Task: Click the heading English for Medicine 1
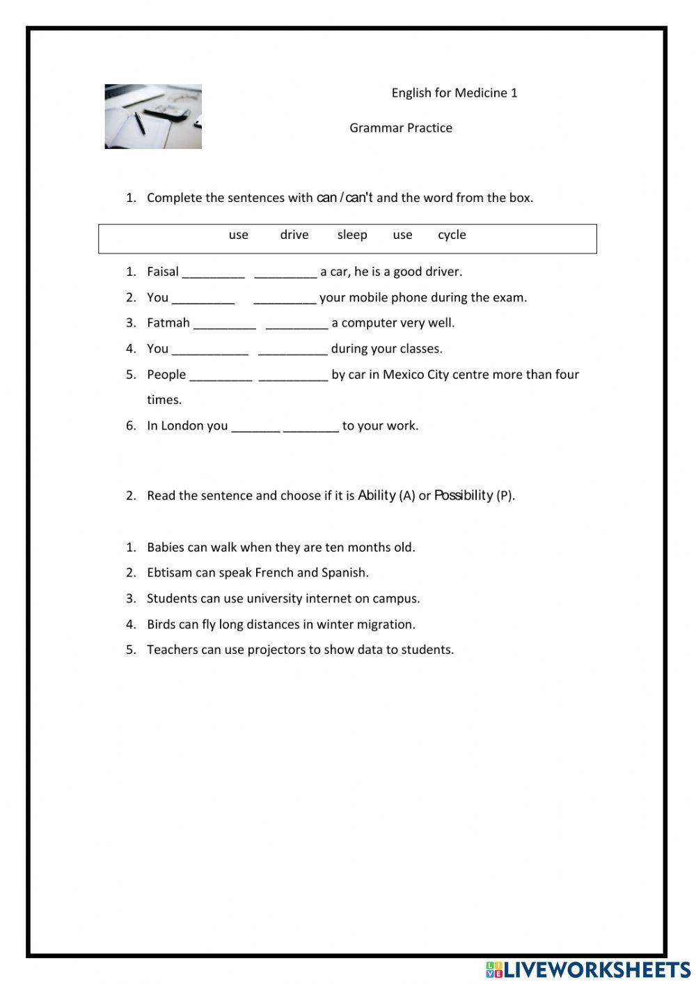pyautogui.click(x=454, y=93)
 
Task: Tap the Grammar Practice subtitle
pyautogui.click(x=400, y=127)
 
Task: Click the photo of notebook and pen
pyautogui.click(x=153, y=116)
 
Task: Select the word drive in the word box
pyautogui.click(x=294, y=235)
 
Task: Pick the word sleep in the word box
pyautogui.click(x=351, y=235)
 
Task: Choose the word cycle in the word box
pyautogui.click(x=452, y=235)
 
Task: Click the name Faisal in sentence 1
pyautogui.click(x=163, y=272)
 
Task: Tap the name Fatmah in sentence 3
pyautogui.click(x=168, y=323)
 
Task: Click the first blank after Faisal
pyautogui.click(x=213, y=273)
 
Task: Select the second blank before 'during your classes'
pyautogui.click(x=292, y=350)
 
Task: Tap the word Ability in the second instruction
pyautogui.click(x=377, y=495)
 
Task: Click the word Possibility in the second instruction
pyautogui.click(x=464, y=495)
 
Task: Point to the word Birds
pyautogui.click(x=161, y=624)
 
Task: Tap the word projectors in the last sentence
pyautogui.click(x=276, y=650)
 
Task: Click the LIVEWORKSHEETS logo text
pyautogui.click(x=596, y=969)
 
